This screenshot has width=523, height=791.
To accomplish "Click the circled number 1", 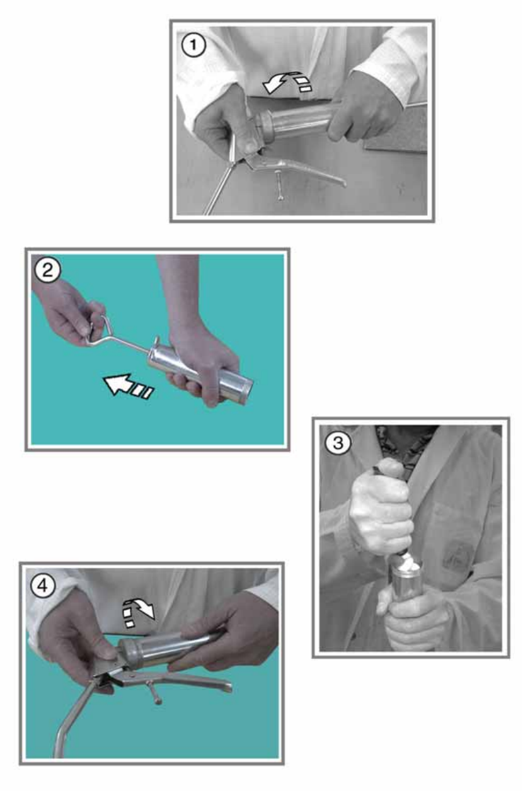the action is (x=193, y=45).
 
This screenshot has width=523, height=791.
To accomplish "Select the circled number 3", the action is (x=338, y=443).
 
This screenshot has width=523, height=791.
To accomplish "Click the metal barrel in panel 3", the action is (x=406, y=583).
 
